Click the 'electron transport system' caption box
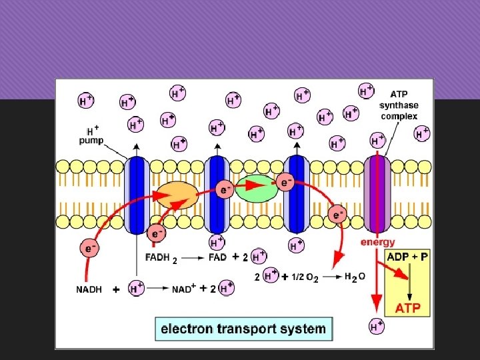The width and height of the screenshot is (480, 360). [x=243, y=329]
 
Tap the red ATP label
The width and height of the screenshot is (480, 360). [x=408, y=309]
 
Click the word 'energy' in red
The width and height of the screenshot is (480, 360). [x=377, y=242]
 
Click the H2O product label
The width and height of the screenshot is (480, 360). [x=355, y=276]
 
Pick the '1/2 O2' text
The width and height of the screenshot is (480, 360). [x=305, y=277]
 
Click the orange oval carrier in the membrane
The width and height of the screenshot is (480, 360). [x=177, y=194]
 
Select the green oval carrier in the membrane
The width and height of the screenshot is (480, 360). [x=256, y=189]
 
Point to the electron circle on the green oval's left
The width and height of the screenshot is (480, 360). [x=225, y=190]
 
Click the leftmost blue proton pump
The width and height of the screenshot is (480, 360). [x=137, y=195]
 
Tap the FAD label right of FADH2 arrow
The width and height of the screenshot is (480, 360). [x=217, y=257]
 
